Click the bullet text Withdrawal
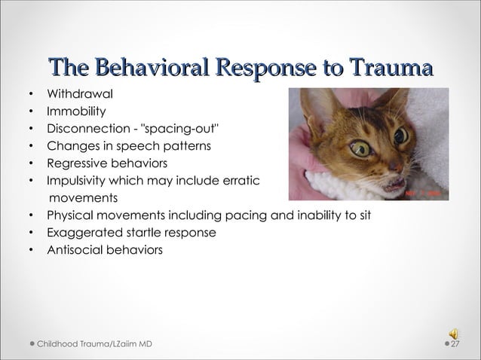tap(81, 96)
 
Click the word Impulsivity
tap(80, 181)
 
